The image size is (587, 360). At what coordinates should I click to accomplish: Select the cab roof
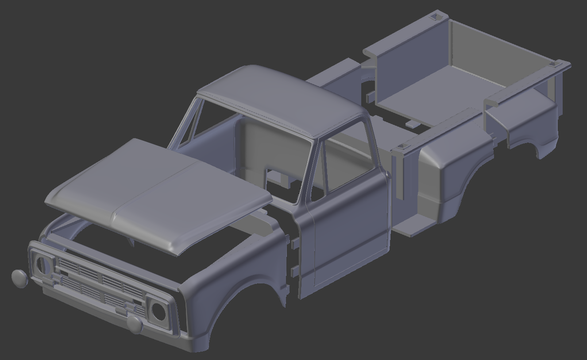click(283, 100)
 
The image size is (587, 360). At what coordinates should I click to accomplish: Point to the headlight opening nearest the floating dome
click(42, 266)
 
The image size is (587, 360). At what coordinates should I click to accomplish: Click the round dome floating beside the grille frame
click(19, 278)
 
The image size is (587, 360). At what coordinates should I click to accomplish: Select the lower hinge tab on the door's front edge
click(294, 271)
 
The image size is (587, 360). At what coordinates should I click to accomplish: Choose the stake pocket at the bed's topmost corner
click(437, 16)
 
